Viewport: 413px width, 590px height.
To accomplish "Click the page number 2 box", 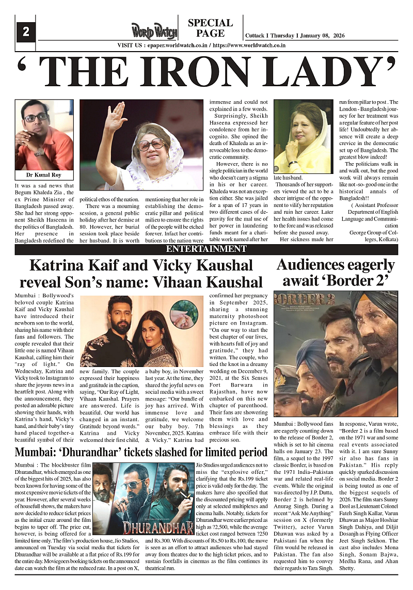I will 25,32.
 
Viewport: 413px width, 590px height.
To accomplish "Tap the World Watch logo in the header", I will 153,31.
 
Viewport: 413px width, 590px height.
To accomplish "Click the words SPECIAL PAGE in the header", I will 210,28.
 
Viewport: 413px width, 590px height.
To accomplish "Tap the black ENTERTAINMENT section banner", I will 206,249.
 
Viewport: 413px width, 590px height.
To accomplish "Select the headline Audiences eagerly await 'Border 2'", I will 336,273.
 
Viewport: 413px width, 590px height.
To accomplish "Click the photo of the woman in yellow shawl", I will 303,137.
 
